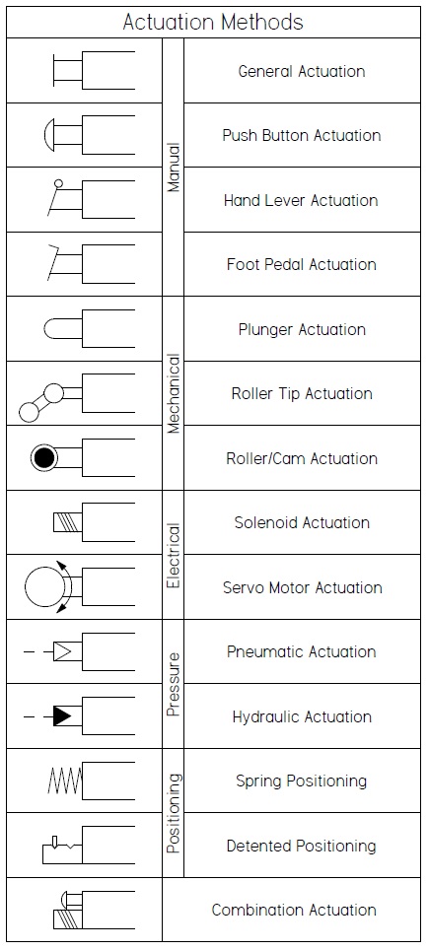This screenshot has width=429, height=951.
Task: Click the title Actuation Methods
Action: [213, 21]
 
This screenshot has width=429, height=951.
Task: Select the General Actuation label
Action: [302, 71]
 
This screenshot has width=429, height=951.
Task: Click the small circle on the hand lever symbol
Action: [58, 183]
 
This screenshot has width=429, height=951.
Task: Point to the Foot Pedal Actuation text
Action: [302, 264]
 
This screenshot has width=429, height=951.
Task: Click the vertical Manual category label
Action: [174, 168]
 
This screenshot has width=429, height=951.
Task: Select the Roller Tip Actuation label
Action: [302, 393]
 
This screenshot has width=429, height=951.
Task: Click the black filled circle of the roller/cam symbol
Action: [42, 457]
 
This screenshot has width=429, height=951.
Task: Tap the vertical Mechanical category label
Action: [174, 393]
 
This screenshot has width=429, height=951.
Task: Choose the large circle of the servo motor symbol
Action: [44, 587]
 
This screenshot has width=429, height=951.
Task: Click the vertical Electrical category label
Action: [174, 555]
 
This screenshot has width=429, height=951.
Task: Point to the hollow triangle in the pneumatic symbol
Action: [63, 651]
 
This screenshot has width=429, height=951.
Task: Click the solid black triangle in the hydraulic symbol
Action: [62, 716]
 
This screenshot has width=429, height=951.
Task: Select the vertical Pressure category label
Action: [174, 684]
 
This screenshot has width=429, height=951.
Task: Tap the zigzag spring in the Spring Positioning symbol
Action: [61, 781]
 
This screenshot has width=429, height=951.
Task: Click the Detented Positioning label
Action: [302, 846]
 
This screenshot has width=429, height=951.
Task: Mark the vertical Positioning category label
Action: [174, 813]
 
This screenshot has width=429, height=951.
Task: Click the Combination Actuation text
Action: [294, 910]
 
